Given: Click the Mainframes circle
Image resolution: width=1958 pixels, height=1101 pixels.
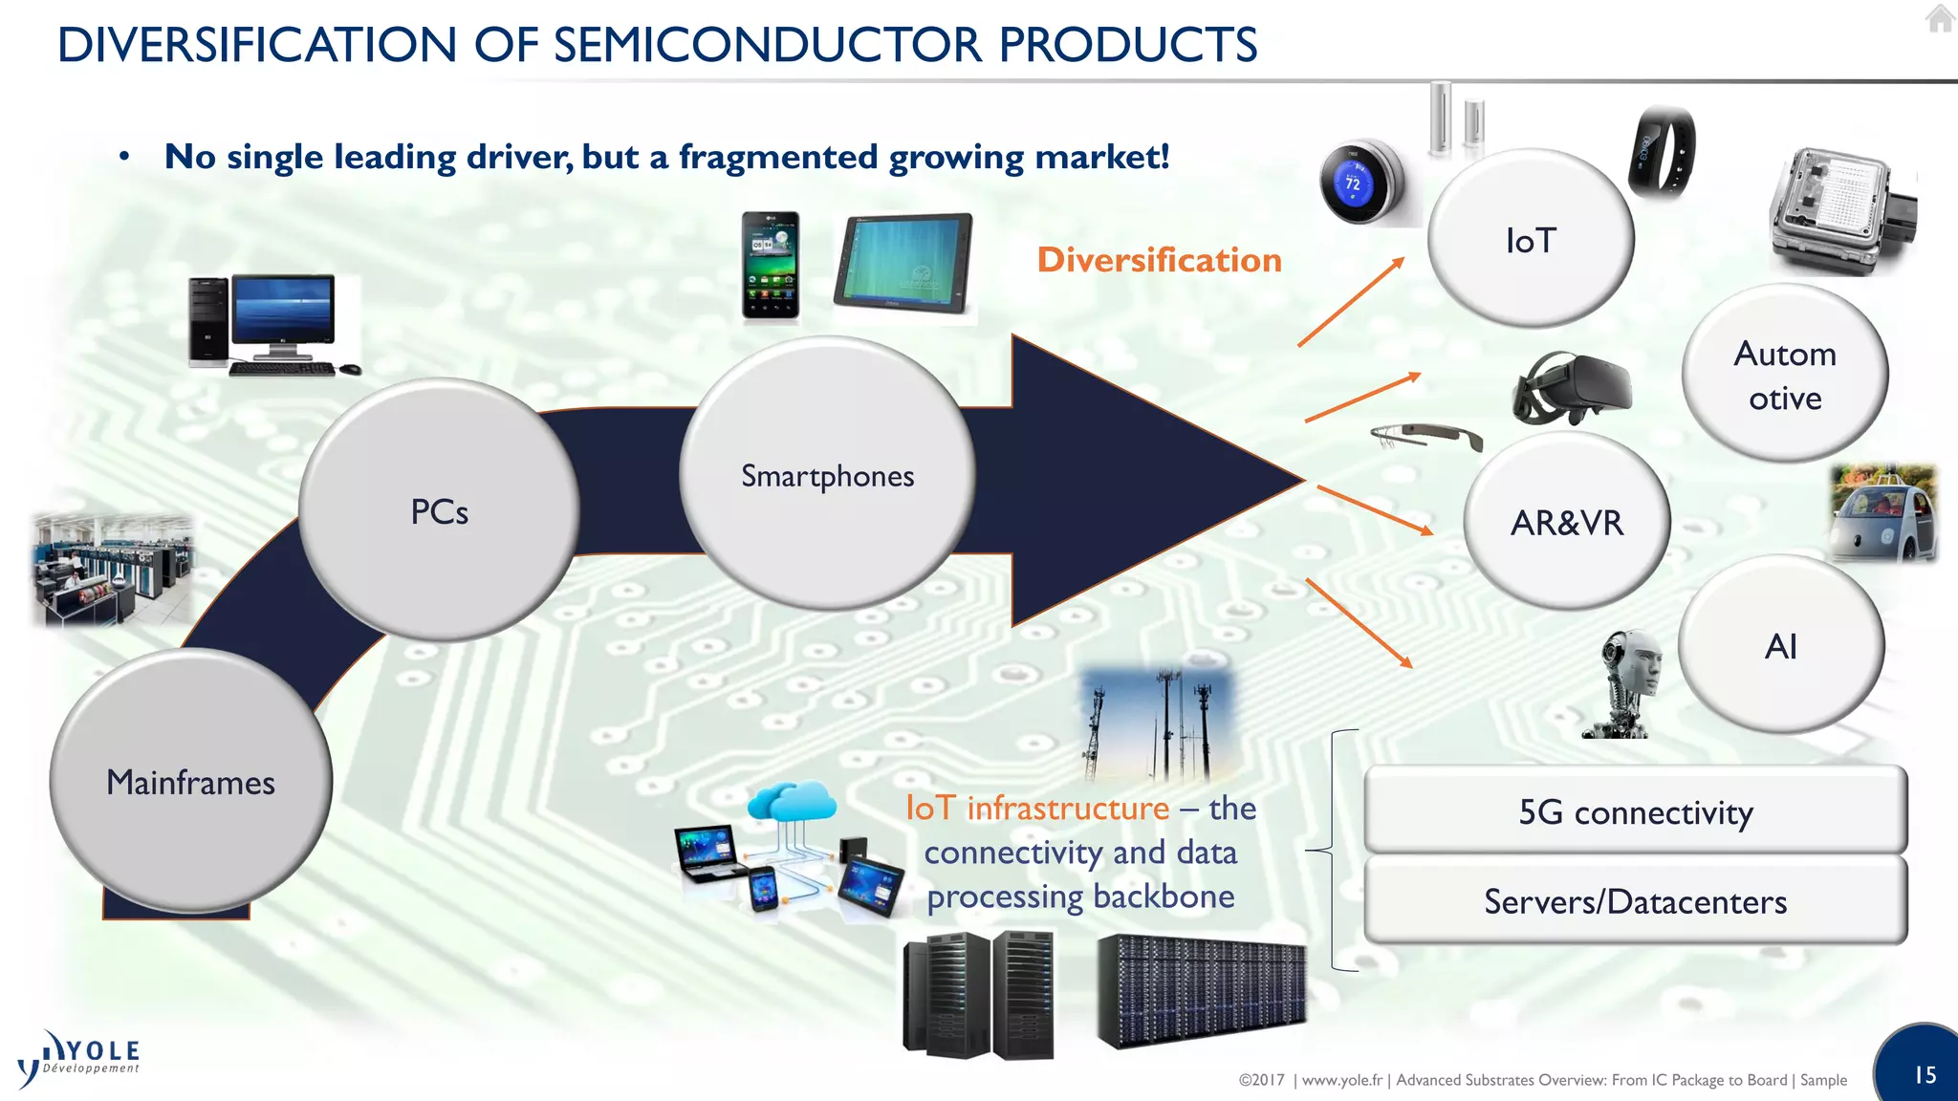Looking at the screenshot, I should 191,782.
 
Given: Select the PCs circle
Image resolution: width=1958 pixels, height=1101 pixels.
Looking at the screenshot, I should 439,511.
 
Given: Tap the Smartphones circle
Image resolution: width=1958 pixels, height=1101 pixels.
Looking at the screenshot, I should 827,475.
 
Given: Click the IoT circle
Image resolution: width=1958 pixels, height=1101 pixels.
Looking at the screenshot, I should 1531,240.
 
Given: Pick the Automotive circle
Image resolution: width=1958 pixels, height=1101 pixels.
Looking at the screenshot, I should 1784,375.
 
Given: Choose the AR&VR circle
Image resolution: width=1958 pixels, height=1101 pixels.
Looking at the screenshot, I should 1566,523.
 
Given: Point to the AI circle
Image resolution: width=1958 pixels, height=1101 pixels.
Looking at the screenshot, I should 1780,646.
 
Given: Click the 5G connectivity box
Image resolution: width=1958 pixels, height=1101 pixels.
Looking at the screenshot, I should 1635,811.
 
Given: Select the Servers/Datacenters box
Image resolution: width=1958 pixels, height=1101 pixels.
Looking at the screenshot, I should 1635,901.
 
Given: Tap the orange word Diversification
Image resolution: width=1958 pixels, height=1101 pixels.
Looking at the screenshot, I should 1159,260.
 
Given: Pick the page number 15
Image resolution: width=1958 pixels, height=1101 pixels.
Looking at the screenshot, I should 1925,1074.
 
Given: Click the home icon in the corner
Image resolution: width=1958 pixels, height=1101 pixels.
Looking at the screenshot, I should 1939,18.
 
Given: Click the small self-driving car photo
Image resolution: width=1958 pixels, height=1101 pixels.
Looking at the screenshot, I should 1882,514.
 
